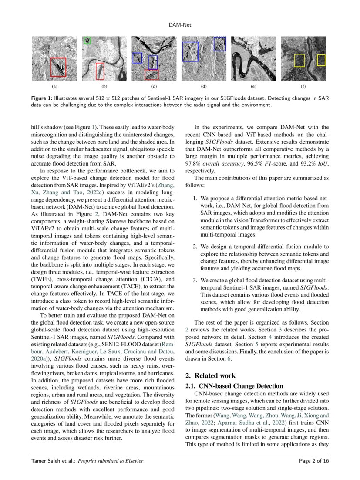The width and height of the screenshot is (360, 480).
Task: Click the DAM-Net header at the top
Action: [x=180, y=25]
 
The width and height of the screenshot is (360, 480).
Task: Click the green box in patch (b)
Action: [x=87, y=41]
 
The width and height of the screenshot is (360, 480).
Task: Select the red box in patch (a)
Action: [x=58, y=67]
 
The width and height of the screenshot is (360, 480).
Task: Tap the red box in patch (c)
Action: [x=151, y=74]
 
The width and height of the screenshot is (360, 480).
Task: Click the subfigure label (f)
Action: [x=303, y=87]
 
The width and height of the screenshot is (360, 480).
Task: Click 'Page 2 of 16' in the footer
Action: [x=314, y=460]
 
